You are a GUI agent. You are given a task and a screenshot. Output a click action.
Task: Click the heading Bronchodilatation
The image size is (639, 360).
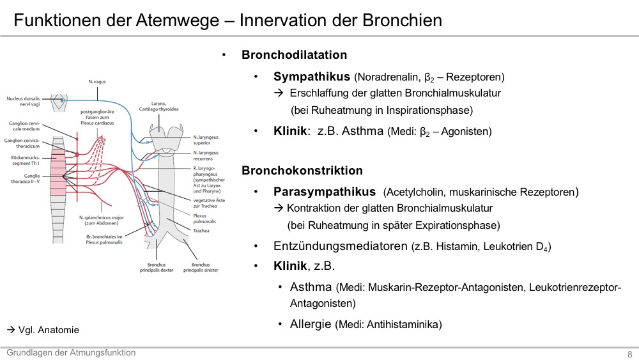tap(294, 54)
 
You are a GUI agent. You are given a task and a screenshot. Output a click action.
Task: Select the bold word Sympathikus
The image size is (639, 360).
tap(312, 77)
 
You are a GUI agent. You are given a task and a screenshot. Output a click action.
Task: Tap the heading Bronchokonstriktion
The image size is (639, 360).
tap(302, 171)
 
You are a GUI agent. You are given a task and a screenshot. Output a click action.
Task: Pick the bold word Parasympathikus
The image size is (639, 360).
tap(325, 192)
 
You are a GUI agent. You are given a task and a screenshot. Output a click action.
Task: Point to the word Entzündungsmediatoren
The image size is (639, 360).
tap(341, 246)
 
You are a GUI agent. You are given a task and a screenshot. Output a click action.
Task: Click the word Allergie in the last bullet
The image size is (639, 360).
tap(311, 324)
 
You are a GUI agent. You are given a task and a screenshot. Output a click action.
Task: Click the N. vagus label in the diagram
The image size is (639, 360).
tap(97, 82)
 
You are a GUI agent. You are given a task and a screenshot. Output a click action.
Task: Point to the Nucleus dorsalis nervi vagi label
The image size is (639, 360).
tap(23, 101)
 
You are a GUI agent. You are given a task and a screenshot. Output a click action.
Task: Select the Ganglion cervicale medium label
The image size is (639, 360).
tap(24, 126)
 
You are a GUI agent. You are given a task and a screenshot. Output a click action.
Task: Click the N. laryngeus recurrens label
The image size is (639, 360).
tap(206, 156)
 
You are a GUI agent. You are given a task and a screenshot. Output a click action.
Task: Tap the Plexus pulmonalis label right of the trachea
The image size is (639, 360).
tap(204, 219)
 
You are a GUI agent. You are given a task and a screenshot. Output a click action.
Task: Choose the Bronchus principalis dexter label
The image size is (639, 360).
tap(157, 267)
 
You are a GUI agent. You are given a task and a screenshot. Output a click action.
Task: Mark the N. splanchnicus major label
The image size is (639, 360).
tap(102, 220)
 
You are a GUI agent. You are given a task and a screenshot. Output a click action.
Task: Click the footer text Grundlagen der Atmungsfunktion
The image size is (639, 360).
tap(71, 353)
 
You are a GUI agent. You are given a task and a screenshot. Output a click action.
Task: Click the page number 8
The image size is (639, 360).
tap(629, 354)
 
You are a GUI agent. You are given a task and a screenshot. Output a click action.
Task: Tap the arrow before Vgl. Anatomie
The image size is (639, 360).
tap(11, 330)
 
